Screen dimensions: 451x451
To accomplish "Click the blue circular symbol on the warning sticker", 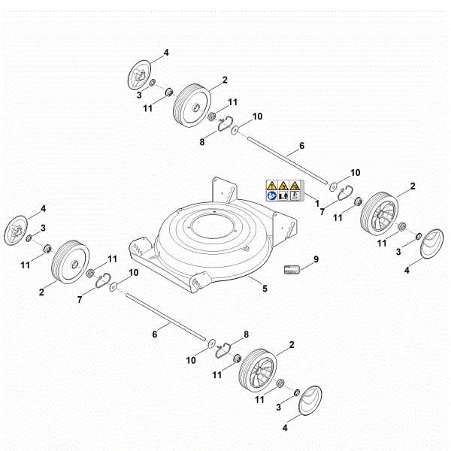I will pos(271,195).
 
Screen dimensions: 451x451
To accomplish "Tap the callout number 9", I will pos(316,259).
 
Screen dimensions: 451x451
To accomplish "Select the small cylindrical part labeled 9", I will pos(292,269).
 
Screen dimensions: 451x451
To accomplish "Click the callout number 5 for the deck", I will pos(265,288).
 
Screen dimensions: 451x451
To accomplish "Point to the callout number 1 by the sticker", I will pos(316,204).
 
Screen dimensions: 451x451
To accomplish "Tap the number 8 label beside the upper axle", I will pos(202,141).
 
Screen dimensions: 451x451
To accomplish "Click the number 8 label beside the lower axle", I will pos(246,333).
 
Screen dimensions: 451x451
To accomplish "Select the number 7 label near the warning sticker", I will pos(322,213).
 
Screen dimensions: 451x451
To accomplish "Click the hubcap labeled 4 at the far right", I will pos(430,245).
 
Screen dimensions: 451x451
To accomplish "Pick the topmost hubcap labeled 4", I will pos(138,74).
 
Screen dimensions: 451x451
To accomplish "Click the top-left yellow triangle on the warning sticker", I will pos(271,185).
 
